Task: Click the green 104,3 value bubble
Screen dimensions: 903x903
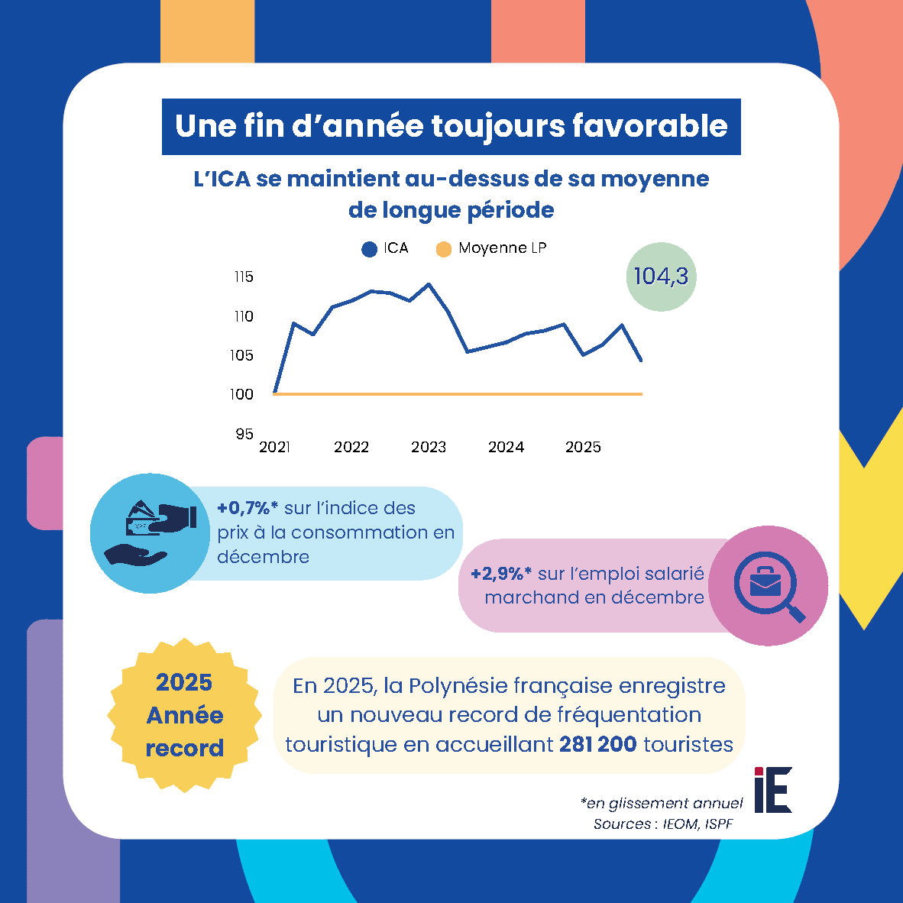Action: coord(661,277)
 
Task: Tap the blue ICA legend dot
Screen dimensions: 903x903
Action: coord(370,249)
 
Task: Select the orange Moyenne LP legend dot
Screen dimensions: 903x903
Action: coord(444,249)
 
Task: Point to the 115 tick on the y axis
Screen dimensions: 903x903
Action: coord(244,277)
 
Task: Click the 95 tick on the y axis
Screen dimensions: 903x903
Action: coord(244,434)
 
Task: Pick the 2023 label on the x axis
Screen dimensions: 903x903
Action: coord(429,448)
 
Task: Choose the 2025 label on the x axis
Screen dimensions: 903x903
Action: coord(583,448)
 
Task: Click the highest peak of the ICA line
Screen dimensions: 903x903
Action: coord(429,284)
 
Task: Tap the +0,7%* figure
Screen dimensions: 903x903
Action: coord(247,508)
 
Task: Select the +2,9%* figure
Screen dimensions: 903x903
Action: coord(501,574)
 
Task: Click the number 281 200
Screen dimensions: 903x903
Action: coord(597,744)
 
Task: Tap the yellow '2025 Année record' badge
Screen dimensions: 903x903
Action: coord(185,715)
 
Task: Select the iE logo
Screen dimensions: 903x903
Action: coord(773,790)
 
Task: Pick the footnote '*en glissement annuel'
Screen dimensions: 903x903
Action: coord(661,804)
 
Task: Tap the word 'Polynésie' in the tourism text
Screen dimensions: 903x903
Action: coord(458,686)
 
